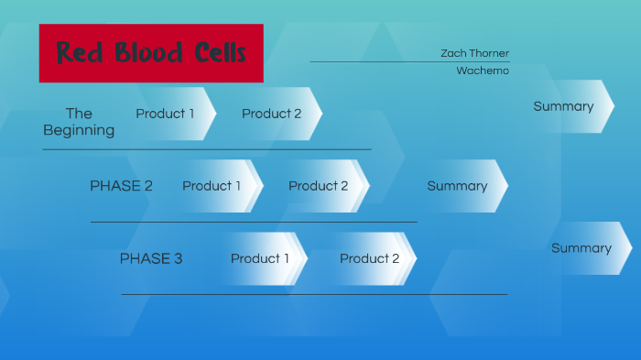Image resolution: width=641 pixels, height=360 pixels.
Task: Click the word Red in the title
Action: click(x=80, y=53)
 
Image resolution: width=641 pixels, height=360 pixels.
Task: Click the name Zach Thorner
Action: click(x=474, y=54)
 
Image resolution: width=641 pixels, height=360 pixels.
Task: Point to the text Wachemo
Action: click(x=483, y=71)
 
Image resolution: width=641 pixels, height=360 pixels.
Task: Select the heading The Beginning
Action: click(x=79, y=122)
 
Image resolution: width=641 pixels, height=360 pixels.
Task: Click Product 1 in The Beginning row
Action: click(x=166, y=114)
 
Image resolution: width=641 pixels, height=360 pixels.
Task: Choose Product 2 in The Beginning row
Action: click(x=272, y=114)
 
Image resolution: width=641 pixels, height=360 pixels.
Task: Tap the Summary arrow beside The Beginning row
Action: click(x=564, y=106)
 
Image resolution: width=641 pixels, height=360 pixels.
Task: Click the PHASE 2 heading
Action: click(x=121, y=186)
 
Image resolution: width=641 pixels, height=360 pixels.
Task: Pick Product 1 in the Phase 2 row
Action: click(x=212, y=186)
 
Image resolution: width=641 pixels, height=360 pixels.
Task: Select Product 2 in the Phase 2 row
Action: click(x=319, y=186)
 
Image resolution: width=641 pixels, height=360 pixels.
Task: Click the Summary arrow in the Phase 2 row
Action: click(x=458, y=186)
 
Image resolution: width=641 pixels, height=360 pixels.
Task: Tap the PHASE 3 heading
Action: click(x=151, y=259)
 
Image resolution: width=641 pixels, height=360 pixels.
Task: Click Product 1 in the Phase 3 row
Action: click(x=260, y=259)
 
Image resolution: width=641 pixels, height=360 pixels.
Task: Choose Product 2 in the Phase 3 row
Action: click(x=370, y=259)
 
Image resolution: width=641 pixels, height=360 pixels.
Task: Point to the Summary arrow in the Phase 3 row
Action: click(x=581, y=248)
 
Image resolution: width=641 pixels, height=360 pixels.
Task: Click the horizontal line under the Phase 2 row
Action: click(x=254, y=222)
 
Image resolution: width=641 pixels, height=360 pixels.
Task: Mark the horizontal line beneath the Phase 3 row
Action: click(x=314, y=294)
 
